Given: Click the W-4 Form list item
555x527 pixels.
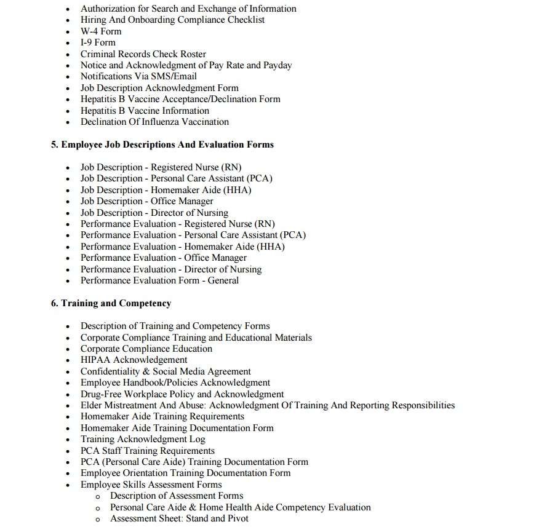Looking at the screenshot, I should tap(101, 31).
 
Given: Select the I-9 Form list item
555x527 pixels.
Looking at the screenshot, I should tap(98, 42).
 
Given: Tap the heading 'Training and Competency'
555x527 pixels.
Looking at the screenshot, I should tap(111, 303).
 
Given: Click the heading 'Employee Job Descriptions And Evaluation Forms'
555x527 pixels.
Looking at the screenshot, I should tap(162, 145).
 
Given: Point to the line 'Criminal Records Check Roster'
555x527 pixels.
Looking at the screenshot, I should tap(143, 54).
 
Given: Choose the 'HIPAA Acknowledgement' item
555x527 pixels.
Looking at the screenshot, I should tap(134, 360).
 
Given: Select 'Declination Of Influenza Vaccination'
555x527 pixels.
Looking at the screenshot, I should tap(154, 122).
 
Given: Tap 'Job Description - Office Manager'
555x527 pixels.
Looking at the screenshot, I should tap(146, 201).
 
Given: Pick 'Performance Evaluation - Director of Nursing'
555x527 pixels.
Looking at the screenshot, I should tap(170, 269).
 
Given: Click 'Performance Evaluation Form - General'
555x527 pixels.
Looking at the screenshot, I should tap(159, 280).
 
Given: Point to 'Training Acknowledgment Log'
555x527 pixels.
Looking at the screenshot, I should tap(143, 439).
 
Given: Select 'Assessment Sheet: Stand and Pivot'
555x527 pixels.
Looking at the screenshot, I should tap(179, 518).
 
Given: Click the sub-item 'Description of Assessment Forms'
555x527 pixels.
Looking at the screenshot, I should tap(177, 496).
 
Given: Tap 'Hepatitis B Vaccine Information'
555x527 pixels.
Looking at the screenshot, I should tap(145, 111).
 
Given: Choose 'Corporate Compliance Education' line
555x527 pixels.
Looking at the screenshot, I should tap(146, 349).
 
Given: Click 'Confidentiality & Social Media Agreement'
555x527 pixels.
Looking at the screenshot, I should tap(166, 371).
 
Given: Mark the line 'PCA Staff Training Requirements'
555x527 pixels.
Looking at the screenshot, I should tap(147, 451).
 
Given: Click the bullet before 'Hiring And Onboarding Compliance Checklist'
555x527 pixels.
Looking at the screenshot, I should tap(68, 20).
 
